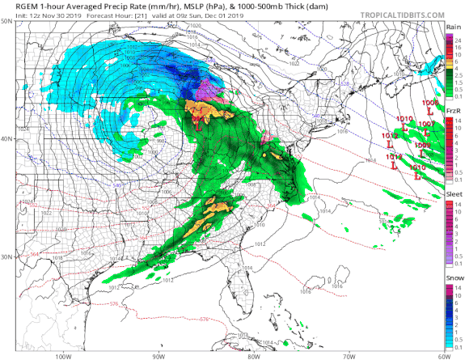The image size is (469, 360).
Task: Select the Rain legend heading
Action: pyautogui.click(x=455, y=27)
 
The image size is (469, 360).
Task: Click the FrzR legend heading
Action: pyautogui.click(x=455, y=112)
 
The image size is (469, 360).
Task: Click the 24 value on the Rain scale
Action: pyautogui.click(x=458, y=39)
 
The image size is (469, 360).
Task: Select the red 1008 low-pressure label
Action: pyautogui.click(x=429, y=104)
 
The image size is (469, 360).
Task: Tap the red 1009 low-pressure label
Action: pyautogui.click(x=422, y=145)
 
